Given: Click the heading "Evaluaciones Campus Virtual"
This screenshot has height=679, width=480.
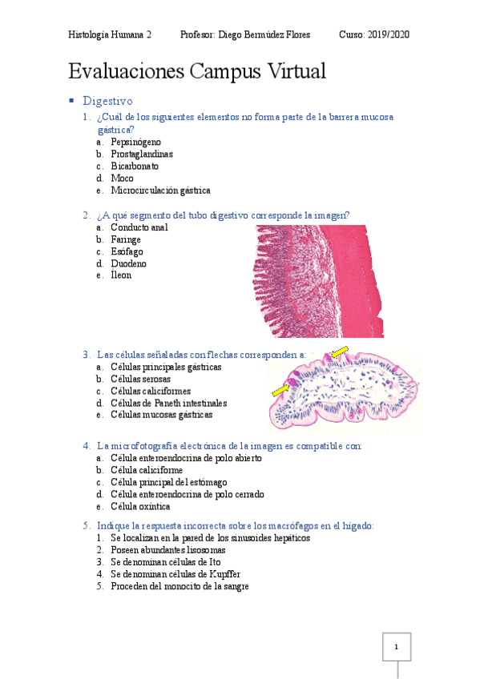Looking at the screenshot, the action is [x=197, y=71].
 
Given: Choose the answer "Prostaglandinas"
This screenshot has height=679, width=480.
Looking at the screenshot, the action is [x=142, y=154].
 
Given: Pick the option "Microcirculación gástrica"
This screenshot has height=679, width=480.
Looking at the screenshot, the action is [x=160, y=191].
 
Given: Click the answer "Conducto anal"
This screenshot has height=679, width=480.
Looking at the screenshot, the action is [x=139, y=227].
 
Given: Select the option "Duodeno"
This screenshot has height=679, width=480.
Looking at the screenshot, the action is [x=128, y=263].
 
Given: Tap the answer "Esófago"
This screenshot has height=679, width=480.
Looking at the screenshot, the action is [x=127, y=251].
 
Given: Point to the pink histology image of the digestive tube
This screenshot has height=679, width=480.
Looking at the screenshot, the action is [x=319, y=280].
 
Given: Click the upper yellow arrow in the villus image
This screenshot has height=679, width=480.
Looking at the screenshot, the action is [x=341, y=352].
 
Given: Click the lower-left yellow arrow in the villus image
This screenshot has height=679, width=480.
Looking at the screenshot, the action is [x=280, y=390].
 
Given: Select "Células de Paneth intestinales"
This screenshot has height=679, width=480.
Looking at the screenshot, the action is [x=168, y=403].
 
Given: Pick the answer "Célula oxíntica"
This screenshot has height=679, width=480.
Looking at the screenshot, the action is [x=140, y=506].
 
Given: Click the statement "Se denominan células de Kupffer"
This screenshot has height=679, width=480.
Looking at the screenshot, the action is [x=175, y=574].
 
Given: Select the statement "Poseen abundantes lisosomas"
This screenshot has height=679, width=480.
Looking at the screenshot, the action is [x=167, y=550].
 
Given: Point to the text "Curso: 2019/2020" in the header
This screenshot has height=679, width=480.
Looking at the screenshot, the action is [x=374, y=35].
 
